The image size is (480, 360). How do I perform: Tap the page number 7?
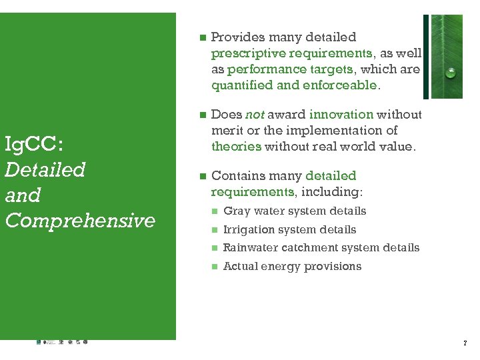[x=465, y=343]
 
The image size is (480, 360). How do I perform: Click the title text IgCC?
[x=33, y=143]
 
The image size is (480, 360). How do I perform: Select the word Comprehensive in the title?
[x=79, y=220]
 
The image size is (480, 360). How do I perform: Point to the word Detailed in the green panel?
[x=45, y=169]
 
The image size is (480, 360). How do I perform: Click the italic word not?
[x=255, y=114]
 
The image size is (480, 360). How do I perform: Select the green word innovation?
[x=341, y=114]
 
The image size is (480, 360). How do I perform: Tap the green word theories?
[x=236, y=146]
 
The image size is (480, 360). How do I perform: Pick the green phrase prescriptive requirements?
[x=291, y=53]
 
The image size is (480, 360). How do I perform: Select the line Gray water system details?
[x=294, y=211]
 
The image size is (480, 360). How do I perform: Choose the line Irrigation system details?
[x=289, y=230]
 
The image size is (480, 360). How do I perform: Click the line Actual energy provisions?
[x=292, y=267]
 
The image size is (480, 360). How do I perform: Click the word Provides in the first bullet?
[x=237, y=37]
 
